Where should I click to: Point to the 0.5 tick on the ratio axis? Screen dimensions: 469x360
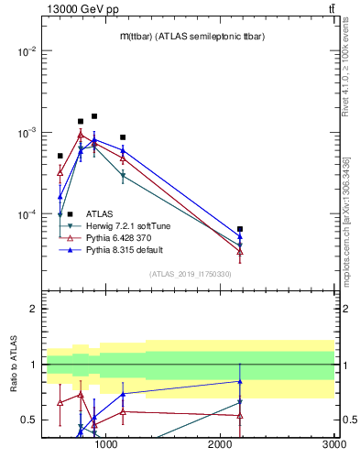(29, 420)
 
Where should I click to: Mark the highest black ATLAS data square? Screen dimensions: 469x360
(94, 116)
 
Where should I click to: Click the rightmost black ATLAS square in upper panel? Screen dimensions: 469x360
(240, 229)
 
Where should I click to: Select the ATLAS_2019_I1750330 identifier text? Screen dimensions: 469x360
(190, 274)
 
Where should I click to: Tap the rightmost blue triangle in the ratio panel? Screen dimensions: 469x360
(240, 381)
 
